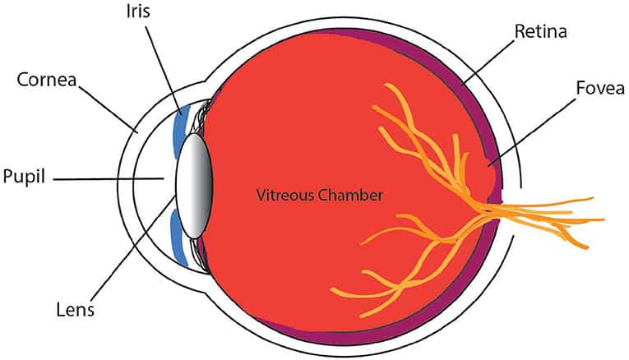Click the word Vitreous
pos(284,195)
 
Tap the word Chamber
pos(349,195)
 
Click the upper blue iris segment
pos(178,132)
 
